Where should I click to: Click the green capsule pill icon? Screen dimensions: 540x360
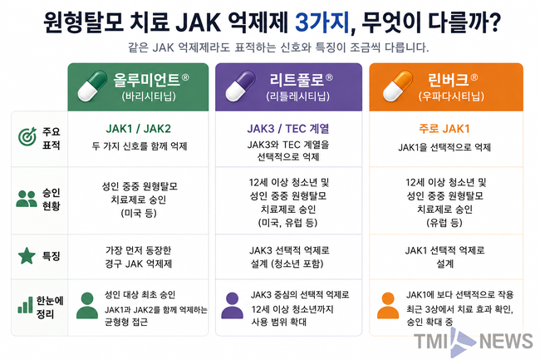click(92, 86)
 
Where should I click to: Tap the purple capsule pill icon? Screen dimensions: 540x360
click(240, 86)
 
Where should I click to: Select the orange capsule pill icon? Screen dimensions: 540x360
click(398, 86)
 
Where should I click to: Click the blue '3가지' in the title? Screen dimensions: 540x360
click(322, 22)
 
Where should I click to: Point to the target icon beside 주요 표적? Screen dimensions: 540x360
click(27, 136)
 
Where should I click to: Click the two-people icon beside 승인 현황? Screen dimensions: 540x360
click(27, 199)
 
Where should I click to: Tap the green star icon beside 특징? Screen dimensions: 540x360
click(27, 255)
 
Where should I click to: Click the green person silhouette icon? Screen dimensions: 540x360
click(87, 306)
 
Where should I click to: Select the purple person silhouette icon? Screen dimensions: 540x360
click(232, 306)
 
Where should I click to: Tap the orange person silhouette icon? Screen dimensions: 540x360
click(388, 306)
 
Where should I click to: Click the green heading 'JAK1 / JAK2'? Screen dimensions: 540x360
click(139, 129)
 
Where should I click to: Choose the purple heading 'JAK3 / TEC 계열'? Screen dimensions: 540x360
click(288, 129)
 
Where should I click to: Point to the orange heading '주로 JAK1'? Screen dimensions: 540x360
click(444, 129)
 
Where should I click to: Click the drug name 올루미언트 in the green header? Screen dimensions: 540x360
click(147, 80)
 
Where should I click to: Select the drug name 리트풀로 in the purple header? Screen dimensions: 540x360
click(297, 80)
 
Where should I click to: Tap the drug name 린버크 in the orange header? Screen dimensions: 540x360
click(449, 80)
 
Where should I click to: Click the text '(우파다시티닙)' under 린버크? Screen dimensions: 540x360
click(451, 96)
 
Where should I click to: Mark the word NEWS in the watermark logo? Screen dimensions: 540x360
click(506, 342)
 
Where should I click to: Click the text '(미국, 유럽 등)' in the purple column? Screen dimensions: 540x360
click(288, 223)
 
